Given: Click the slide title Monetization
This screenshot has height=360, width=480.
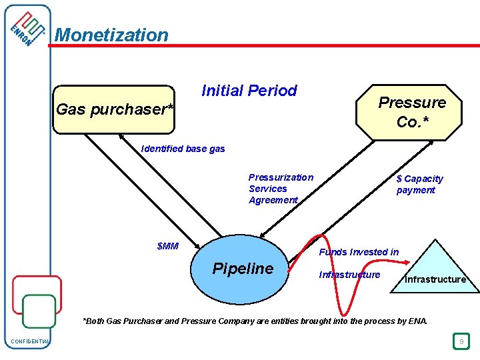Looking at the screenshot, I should point(111,35).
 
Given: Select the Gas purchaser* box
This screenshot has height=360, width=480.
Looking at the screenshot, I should point(114,109).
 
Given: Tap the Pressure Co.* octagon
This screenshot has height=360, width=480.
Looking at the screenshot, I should point(411,112).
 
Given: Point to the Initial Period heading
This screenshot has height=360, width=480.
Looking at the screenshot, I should point(249,91).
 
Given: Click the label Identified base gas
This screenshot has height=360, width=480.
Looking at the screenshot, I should point(183,149).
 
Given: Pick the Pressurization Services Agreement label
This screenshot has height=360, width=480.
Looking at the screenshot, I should point(281,189).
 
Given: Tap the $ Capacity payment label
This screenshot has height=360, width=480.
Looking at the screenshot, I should point(419,184).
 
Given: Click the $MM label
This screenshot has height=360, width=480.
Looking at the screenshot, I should point(167,246).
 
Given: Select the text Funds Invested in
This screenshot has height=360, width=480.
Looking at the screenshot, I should point(359,252).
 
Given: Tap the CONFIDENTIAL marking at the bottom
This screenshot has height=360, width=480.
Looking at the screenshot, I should point(30,342).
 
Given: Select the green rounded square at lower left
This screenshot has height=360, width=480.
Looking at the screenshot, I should point(39,311).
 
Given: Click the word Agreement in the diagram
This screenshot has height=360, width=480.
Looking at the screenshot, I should point(273,200).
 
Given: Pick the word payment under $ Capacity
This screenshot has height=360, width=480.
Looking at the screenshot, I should point(415,190).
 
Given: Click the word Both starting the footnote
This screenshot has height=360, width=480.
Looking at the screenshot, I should point(94,321).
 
